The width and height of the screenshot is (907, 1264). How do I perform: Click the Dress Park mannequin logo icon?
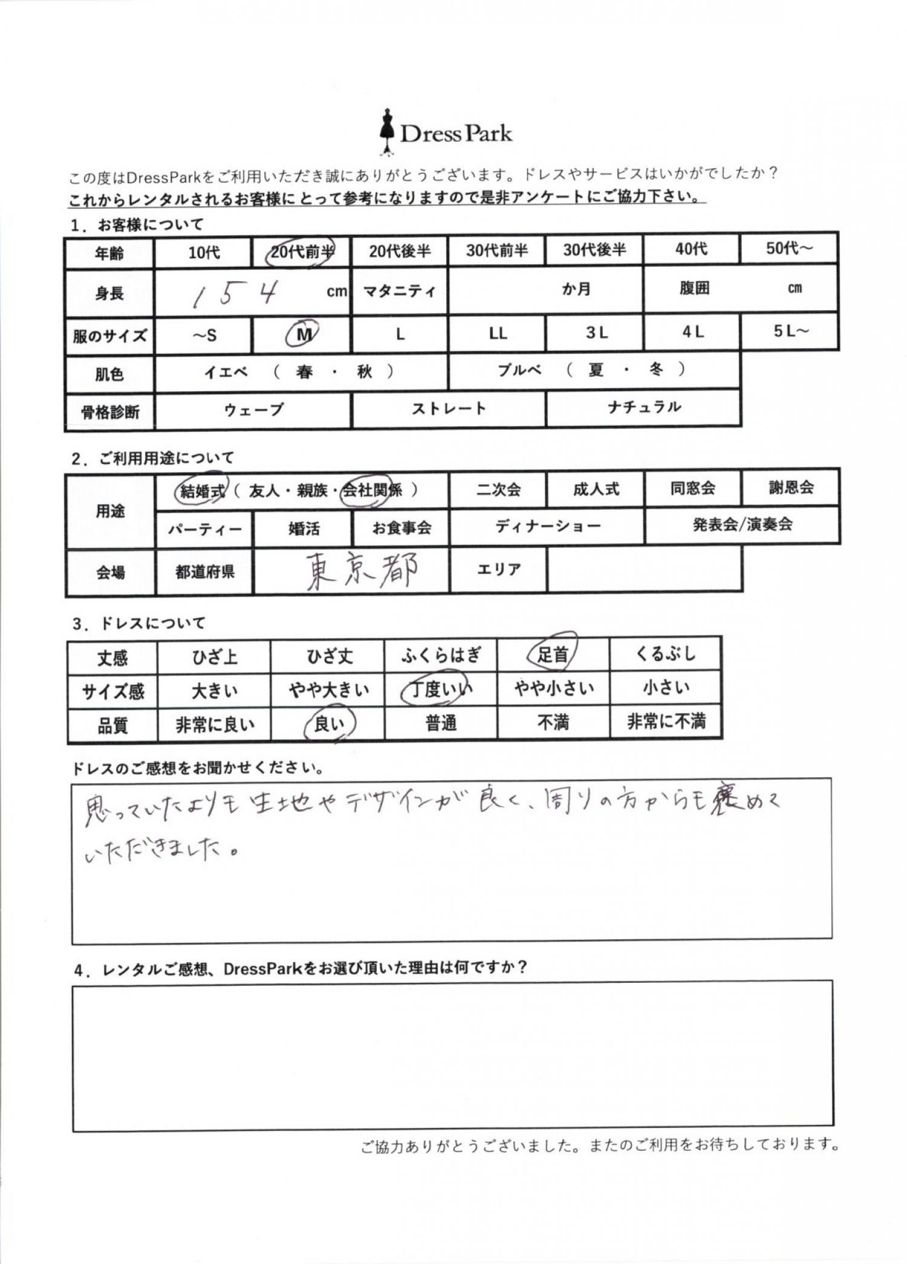386,132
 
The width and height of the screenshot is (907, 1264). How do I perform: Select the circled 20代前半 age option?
301,251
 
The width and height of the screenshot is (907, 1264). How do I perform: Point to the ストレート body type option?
449,409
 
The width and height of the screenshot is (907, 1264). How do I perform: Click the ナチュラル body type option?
644,407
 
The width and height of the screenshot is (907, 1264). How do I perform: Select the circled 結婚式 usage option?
203,490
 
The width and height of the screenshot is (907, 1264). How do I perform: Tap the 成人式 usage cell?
596,489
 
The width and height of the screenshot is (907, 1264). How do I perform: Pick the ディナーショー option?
547,526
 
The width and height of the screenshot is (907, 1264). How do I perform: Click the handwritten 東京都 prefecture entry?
362,571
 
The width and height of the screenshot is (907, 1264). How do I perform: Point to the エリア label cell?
498,569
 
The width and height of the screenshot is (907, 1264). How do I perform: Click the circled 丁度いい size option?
440,689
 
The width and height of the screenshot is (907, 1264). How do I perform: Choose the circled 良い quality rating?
329,723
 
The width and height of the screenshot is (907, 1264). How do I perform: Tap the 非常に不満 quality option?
666,722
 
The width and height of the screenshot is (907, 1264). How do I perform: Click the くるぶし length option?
666,654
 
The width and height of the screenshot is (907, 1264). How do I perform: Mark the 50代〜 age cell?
789,249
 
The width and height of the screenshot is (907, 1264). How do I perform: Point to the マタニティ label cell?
400,291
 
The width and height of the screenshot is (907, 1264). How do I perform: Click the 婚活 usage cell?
304,529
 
